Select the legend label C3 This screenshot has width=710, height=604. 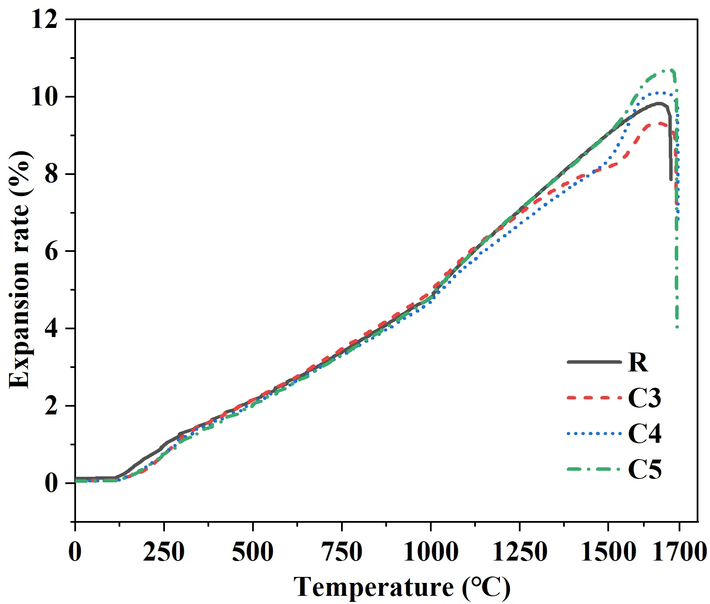[644, 398]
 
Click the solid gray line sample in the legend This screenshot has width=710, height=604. [594, 362]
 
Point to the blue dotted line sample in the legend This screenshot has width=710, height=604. [594, 434]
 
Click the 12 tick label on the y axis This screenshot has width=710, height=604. [44, 20]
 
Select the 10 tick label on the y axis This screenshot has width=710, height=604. [44, 97]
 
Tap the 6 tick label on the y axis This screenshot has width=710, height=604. [51, 251]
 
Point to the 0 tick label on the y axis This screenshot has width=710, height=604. [51, 483]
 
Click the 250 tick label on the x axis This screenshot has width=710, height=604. [164, 552]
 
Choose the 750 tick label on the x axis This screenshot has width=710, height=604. [341, 552]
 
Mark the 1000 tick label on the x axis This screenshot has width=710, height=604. [430, 552]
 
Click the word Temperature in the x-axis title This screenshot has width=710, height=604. [373, 587]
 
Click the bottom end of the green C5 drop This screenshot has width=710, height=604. [677, 327]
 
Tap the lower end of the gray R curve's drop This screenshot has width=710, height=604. [670, 179]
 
